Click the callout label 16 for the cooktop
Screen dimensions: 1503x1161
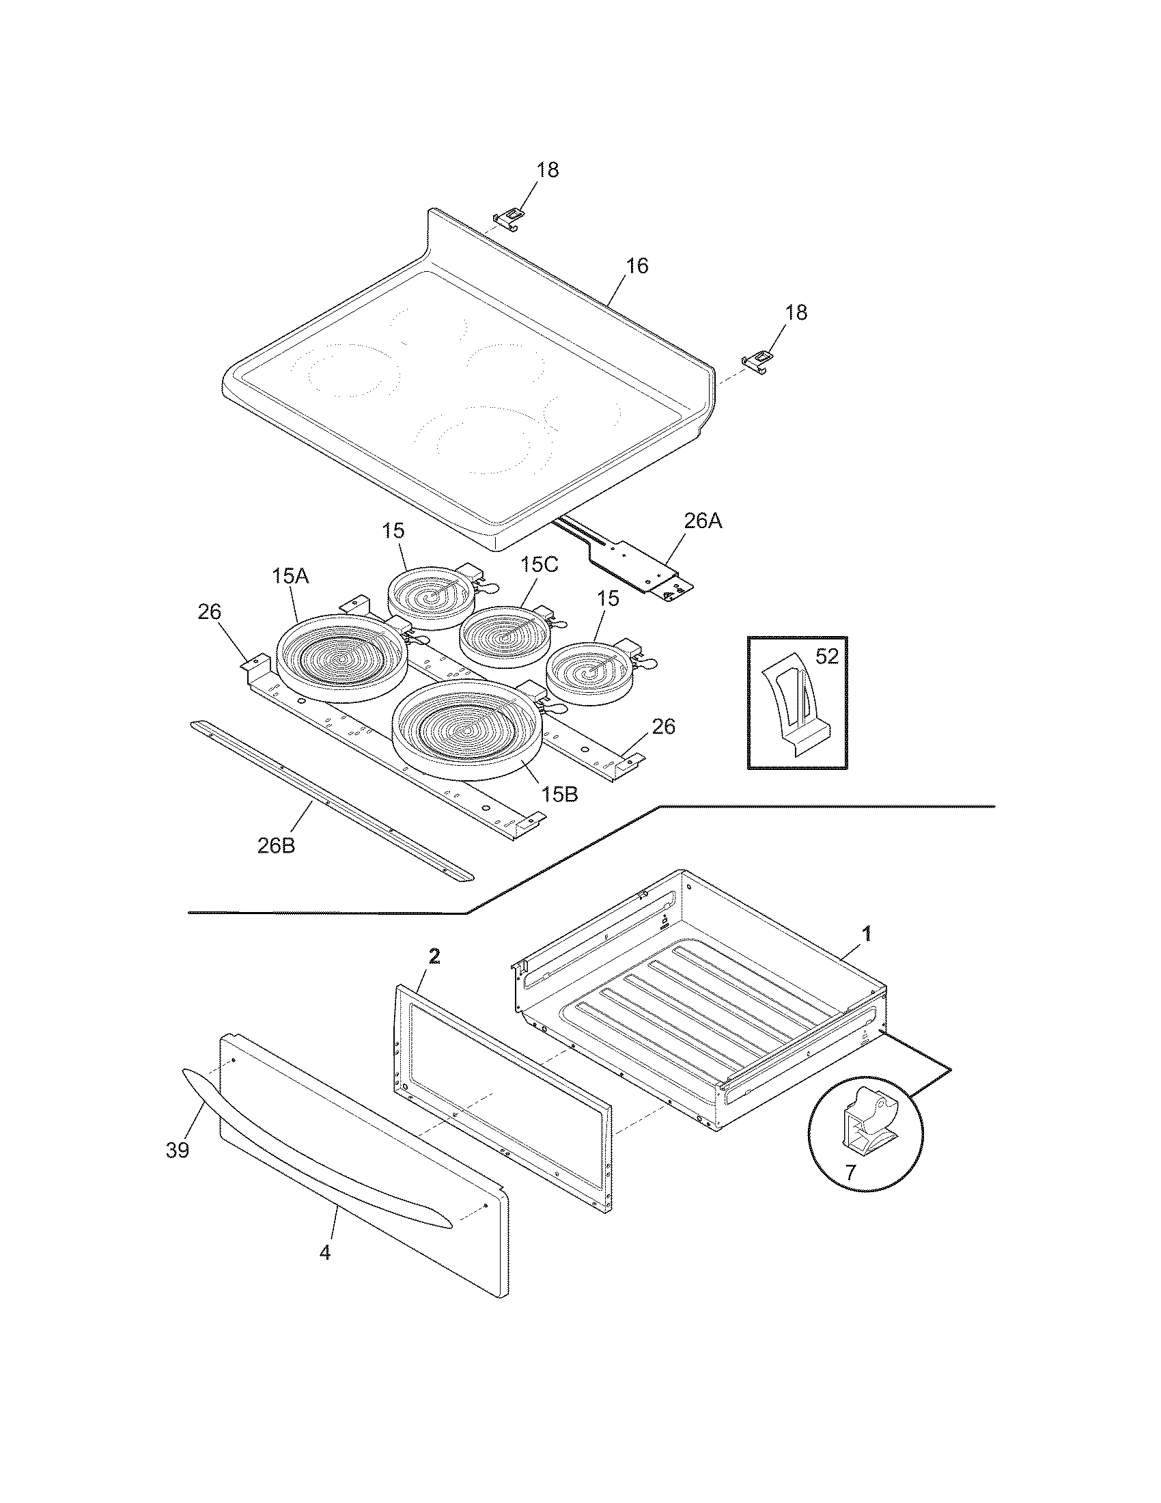[637, 266]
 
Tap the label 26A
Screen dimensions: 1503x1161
[703, 521]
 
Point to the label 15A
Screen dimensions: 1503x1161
[290, 575]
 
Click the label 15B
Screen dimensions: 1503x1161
[559, 794]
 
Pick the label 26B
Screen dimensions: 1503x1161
[277, 846]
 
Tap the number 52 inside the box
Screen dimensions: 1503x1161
[827, 657]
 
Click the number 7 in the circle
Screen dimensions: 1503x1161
[850, 1172]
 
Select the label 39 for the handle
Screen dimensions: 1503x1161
[178, 1150]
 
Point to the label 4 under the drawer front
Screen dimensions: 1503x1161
[324, 1252]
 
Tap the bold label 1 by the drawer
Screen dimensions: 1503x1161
[867, 934]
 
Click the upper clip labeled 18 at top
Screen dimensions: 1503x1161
[509, 219]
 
